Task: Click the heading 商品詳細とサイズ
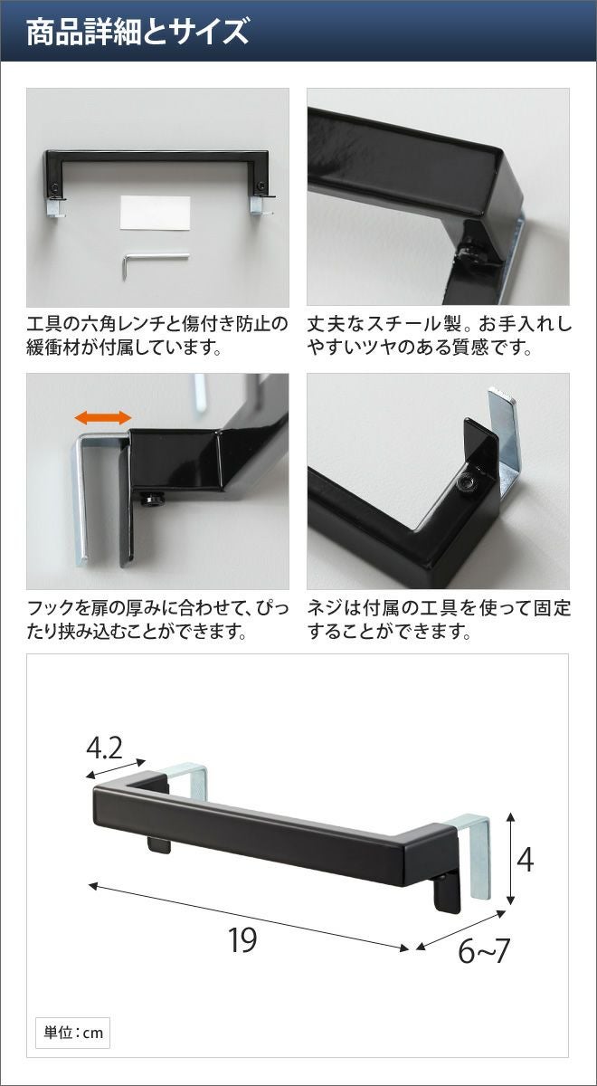click(137, 32)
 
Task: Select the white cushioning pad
click(155, 213)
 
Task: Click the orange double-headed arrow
click(103, 417)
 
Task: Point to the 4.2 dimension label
click(104, 748)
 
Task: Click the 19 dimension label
click(242, 940)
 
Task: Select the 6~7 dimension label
click(484, 951)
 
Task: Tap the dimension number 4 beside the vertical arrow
click(526, 861)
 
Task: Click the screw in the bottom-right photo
click(465, 481)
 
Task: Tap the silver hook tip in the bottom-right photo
click(501, 393)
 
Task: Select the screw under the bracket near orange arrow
click(152, 500)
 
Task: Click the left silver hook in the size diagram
click(185, 779)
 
